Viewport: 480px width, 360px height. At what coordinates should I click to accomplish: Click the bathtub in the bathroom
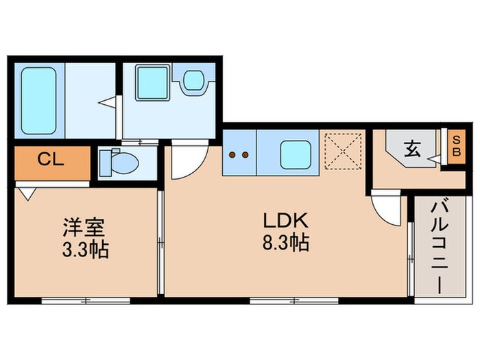click(x=38, y=101)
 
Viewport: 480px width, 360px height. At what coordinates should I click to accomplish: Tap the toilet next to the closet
click(x=117, y=163)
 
